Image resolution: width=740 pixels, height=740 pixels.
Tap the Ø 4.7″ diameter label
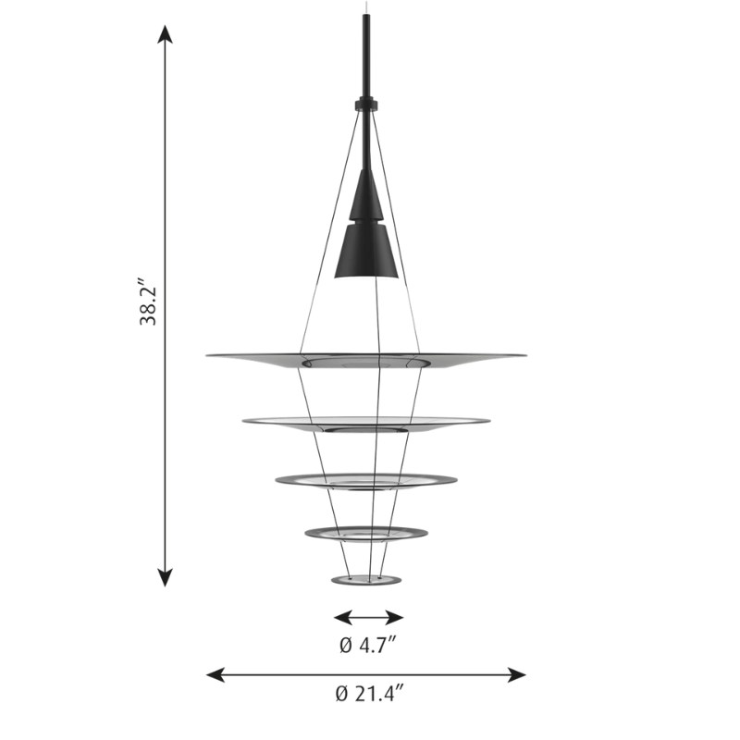click(368, 645)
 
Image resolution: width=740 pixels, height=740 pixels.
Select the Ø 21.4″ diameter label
click(370, 694)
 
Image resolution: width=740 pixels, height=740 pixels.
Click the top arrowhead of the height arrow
click(165, 34)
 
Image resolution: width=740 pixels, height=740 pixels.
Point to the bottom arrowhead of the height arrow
click(165, 577)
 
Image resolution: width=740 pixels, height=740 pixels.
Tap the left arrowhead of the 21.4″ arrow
click(216, 675)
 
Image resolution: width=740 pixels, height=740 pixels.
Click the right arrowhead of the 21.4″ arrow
click(517, 675)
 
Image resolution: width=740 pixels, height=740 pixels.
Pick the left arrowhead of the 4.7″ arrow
click(343, 617)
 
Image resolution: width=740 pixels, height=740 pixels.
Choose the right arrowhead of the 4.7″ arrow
click(394, 617)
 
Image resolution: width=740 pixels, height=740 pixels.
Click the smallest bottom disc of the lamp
click(366, 580)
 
